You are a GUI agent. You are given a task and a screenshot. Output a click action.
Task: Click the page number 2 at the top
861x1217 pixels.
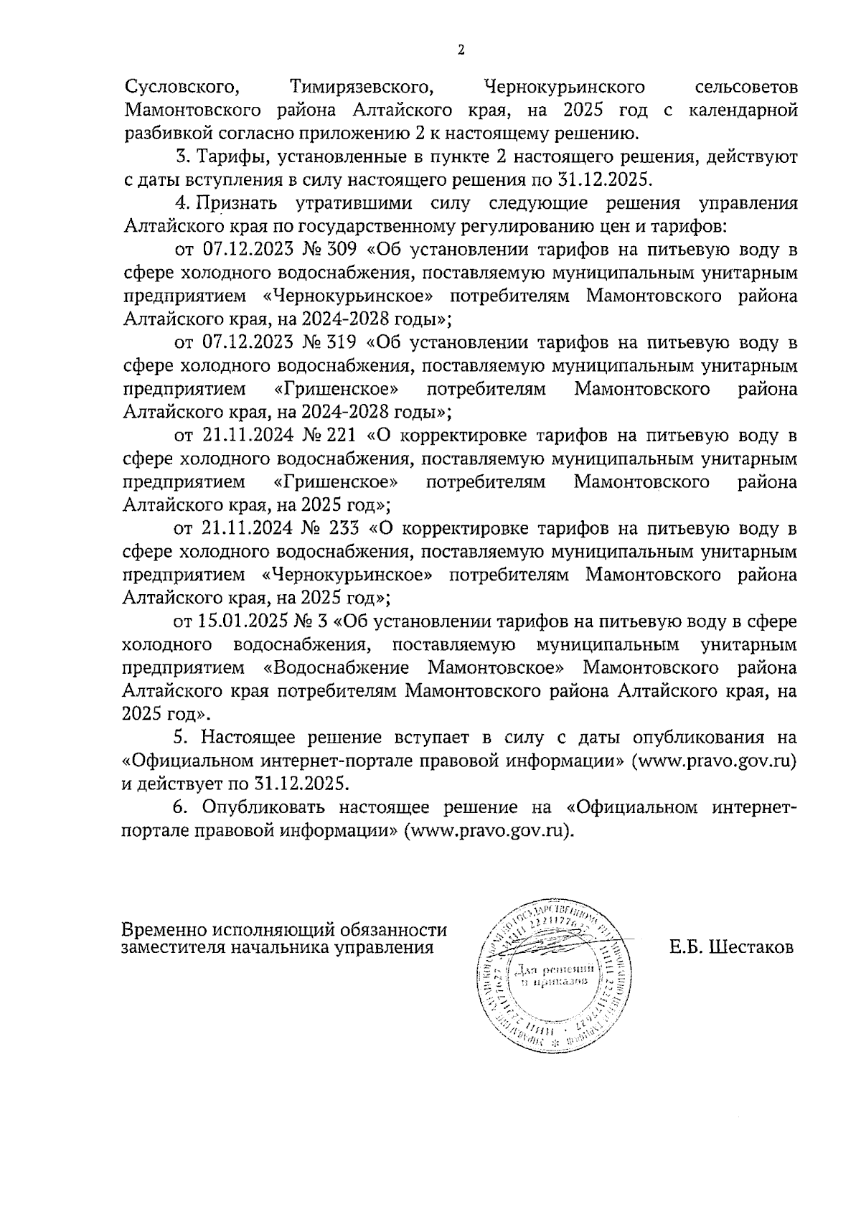[461, 50]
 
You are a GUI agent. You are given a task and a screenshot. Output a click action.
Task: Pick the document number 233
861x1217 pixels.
[341, 529]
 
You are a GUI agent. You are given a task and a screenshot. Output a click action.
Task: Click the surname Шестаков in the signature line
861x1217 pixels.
[751, 947]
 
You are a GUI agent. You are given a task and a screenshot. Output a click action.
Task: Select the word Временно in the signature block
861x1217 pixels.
[164, 930]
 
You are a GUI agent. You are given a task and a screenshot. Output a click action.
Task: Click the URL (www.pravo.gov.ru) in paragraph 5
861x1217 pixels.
[714, 760]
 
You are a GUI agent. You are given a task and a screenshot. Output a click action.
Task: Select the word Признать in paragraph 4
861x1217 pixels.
[230, 204]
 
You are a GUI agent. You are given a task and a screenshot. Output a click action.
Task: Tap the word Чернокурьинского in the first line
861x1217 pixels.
[565, 88]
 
